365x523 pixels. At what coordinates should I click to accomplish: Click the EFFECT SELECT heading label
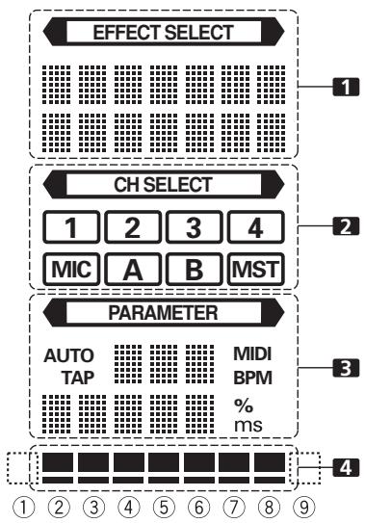pos(162,32)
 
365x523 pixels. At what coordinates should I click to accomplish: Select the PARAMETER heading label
pos(162,313)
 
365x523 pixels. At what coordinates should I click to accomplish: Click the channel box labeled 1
pos(72,230)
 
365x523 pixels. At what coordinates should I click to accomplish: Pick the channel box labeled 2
pos(132,230)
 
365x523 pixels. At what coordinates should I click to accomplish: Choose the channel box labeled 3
pos(193,230)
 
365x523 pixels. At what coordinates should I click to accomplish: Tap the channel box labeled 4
pos(254,230)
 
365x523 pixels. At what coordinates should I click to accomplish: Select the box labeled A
pos(132,267)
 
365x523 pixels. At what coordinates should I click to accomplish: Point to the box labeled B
pos(193,267)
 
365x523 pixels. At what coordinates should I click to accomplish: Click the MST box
pos(254,267)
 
